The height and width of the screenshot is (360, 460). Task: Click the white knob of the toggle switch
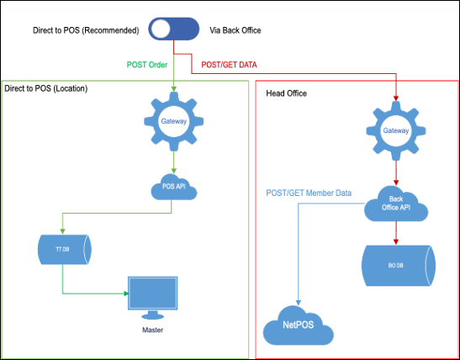point(161,29)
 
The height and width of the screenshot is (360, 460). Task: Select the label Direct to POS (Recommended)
point(86,30)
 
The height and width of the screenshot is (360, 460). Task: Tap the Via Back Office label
point(235,30)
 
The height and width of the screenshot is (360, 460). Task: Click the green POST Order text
point(147,65)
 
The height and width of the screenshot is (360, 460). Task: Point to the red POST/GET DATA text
point(229,65)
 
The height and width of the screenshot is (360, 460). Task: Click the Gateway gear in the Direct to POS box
point(174,121)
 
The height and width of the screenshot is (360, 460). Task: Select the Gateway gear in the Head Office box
point(396,130)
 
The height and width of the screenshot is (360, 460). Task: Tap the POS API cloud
point(174,187)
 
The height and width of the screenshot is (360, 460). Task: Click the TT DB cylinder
point(65,249)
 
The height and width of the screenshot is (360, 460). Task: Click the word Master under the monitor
point(152,330)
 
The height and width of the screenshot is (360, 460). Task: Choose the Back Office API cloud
point(396,204)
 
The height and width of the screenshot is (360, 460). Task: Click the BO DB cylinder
point(399,266)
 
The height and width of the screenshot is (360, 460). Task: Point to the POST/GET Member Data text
point(309,193)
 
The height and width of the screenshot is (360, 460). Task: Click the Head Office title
point(286,93)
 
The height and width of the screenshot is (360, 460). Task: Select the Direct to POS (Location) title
point(46,88)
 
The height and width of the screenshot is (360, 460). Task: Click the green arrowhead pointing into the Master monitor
point(126,294)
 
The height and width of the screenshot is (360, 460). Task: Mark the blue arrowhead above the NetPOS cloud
point(299,303)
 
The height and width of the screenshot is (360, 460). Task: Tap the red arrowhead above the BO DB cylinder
point(396,241)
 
